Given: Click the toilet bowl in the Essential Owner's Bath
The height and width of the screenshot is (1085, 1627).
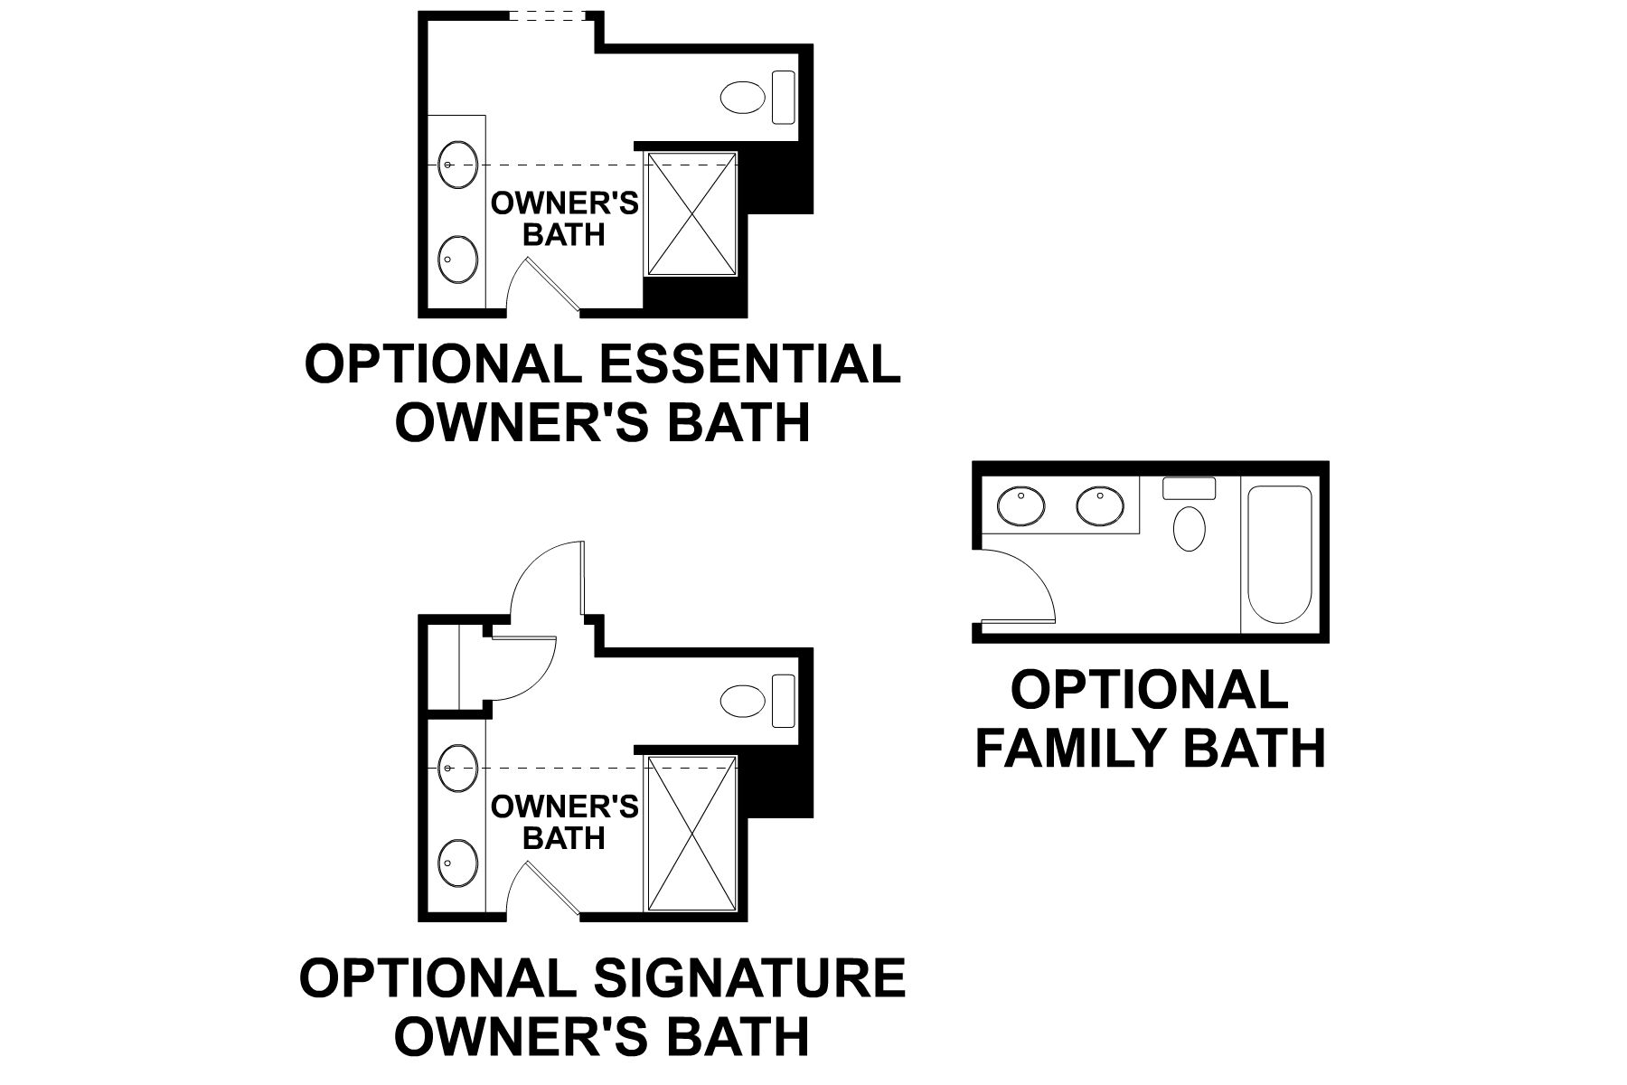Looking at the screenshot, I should point(743,98).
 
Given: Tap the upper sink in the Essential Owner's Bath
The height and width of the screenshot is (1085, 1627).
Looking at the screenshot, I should point(457,165).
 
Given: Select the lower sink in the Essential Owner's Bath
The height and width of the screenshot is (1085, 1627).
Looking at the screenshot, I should point(457,259).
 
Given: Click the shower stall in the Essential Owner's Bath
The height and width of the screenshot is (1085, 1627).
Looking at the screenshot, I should point(692,213).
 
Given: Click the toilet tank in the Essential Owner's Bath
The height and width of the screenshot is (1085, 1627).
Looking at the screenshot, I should point(783,98).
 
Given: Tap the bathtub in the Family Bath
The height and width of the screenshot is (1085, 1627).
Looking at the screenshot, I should point(1278,553).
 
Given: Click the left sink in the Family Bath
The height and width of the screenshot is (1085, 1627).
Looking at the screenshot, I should point(1021,505).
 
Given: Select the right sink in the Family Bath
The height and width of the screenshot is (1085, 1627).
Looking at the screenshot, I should point(1100,505).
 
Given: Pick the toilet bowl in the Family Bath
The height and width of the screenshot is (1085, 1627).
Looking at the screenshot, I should point(1190,528).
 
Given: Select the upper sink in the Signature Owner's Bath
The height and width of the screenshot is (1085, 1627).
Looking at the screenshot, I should point(457,768).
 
